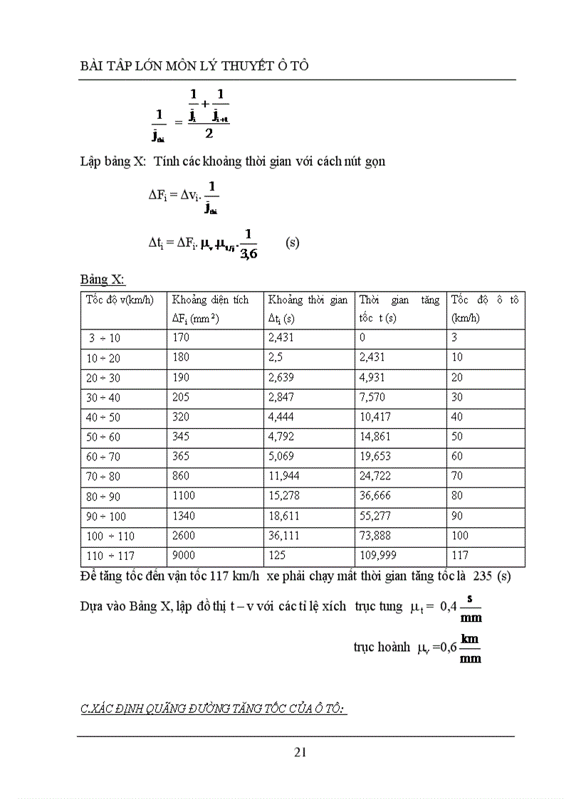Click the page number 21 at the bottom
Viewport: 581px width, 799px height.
[x=300, y=751]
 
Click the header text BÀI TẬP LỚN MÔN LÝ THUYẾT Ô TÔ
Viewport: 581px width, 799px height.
[x=195, y=65]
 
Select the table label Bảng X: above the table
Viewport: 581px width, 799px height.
[x=102, y=280]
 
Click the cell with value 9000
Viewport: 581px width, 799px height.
[x=184, y=555]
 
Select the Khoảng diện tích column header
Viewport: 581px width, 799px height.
[x=211, y=300]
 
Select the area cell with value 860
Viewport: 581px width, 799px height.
[x=182, y=476]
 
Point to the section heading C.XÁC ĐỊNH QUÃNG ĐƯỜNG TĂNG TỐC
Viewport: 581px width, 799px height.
[x=213, y=709]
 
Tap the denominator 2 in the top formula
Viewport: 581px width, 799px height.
[x=209, y=133]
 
